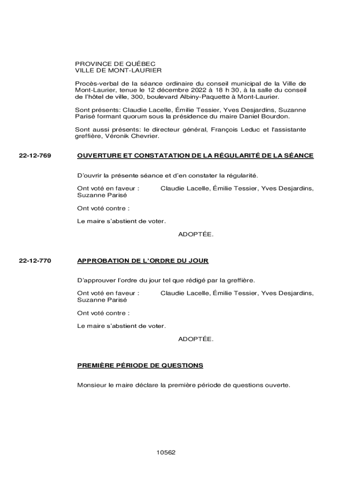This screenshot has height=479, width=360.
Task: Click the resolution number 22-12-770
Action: tap(35, 261)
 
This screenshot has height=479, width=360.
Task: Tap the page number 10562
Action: tap(166, 452)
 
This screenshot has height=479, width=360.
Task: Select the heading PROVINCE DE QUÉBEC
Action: tap(115, 64)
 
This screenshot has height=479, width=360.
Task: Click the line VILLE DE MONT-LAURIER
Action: tap(118, 70)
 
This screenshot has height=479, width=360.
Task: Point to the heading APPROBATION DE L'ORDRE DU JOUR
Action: tap(143, 261)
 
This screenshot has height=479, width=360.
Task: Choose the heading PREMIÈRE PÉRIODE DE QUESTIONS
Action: tap(140, 365)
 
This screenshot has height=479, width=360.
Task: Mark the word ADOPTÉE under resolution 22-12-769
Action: tap(195, 234)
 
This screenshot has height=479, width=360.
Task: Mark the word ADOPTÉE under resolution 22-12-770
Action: tap(195, 339)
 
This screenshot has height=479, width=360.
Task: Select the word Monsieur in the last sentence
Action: tap(91, 385)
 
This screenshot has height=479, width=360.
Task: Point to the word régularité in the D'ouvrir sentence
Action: tap(241, 175)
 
